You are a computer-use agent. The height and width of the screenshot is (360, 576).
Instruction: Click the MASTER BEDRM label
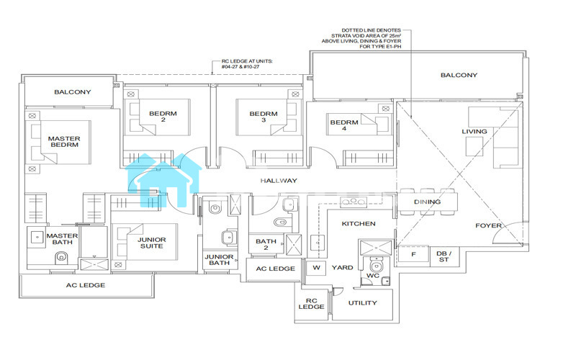tap(64, 142)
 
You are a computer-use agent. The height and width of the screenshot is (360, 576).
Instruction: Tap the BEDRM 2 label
tap(163, 117)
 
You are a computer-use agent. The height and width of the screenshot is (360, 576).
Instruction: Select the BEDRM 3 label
tap(264, 117)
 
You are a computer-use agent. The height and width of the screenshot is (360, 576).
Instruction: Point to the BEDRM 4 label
tap(344, 125)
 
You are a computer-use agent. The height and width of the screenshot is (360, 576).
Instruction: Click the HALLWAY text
tap(279, 181)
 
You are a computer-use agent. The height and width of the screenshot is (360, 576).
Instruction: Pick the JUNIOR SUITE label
tap(152, 243)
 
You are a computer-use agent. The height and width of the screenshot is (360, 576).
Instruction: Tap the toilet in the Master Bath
tap(61, 258)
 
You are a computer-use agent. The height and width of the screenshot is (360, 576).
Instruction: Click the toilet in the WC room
tap(376, 265)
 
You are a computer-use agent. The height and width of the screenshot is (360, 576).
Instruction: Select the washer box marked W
tap(316, 268)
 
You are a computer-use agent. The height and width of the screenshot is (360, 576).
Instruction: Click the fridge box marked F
tap(413, 254)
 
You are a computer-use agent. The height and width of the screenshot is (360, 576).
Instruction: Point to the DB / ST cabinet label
tap(444, 256)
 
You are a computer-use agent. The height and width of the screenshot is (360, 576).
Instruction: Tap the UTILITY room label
tap(363, 303)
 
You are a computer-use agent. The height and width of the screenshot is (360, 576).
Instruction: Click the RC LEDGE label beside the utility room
tap(312, 304)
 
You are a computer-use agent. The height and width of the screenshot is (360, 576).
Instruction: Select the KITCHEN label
tap(359, 224)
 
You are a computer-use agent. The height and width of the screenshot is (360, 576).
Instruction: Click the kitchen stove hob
tap(354, 202)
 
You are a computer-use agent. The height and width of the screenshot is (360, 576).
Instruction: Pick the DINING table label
tap(427, 202)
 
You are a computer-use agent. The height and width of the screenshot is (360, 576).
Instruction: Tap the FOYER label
tap(489, 226)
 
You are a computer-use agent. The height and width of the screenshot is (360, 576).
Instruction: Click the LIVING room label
tap(474, 132)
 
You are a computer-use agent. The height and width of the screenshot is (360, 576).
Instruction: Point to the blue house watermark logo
tap(163, 180)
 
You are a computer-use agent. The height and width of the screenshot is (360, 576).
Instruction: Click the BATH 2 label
tap(266, 245)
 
